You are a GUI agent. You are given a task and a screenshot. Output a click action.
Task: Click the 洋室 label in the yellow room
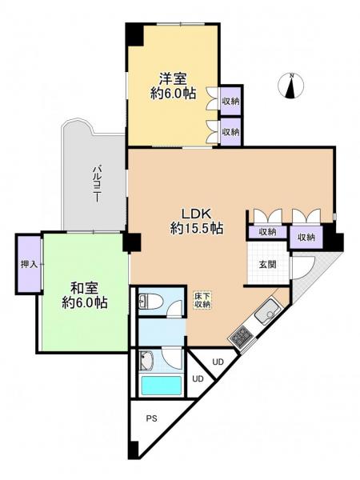click(173, 78)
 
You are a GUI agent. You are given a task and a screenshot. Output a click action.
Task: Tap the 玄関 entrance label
click(266, 264)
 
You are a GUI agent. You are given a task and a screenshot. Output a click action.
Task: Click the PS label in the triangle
click(151, 418)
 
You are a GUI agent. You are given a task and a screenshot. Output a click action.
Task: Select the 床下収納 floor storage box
click(202, 300)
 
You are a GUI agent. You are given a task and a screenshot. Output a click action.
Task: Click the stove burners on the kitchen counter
click(239, 337)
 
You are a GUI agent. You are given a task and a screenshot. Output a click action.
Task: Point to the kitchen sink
click(269, 310)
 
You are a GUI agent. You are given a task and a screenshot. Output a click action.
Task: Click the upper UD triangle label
click(217, 361)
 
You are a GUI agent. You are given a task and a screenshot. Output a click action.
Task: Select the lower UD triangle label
click(198, 378)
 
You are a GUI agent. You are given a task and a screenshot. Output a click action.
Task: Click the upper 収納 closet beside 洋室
click(230, 101)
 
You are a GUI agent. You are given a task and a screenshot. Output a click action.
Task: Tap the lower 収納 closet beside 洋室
click(230, 131)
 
